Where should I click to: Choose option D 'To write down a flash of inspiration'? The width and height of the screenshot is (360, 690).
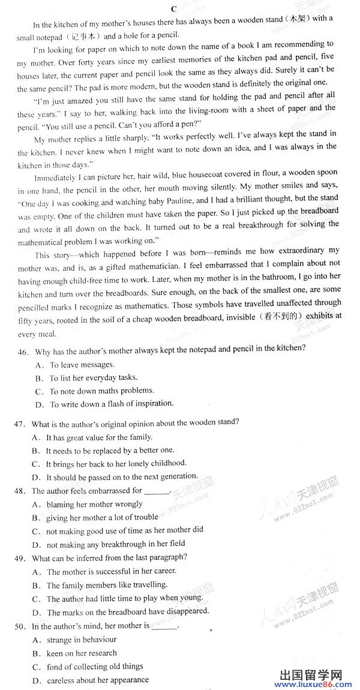pyautogui.click(x=112, y=404)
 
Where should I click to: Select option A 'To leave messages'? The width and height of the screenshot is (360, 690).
pyautogui.click(x=82, y=365)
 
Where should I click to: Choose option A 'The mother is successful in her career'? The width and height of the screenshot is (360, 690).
pyautogui.click(x=107, y=572)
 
